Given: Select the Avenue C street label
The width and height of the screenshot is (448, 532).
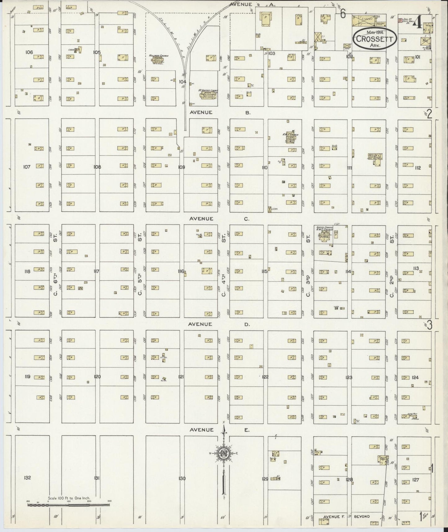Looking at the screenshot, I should (219, 219).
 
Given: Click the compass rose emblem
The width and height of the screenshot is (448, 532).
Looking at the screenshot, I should (224, 453).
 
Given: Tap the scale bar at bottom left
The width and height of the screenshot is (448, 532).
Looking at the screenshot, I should (69, 505).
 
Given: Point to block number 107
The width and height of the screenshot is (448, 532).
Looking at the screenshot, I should (27, 167).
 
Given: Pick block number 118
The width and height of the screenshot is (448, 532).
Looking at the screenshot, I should (27, 272).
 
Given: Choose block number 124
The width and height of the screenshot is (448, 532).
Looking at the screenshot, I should (415, 377).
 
